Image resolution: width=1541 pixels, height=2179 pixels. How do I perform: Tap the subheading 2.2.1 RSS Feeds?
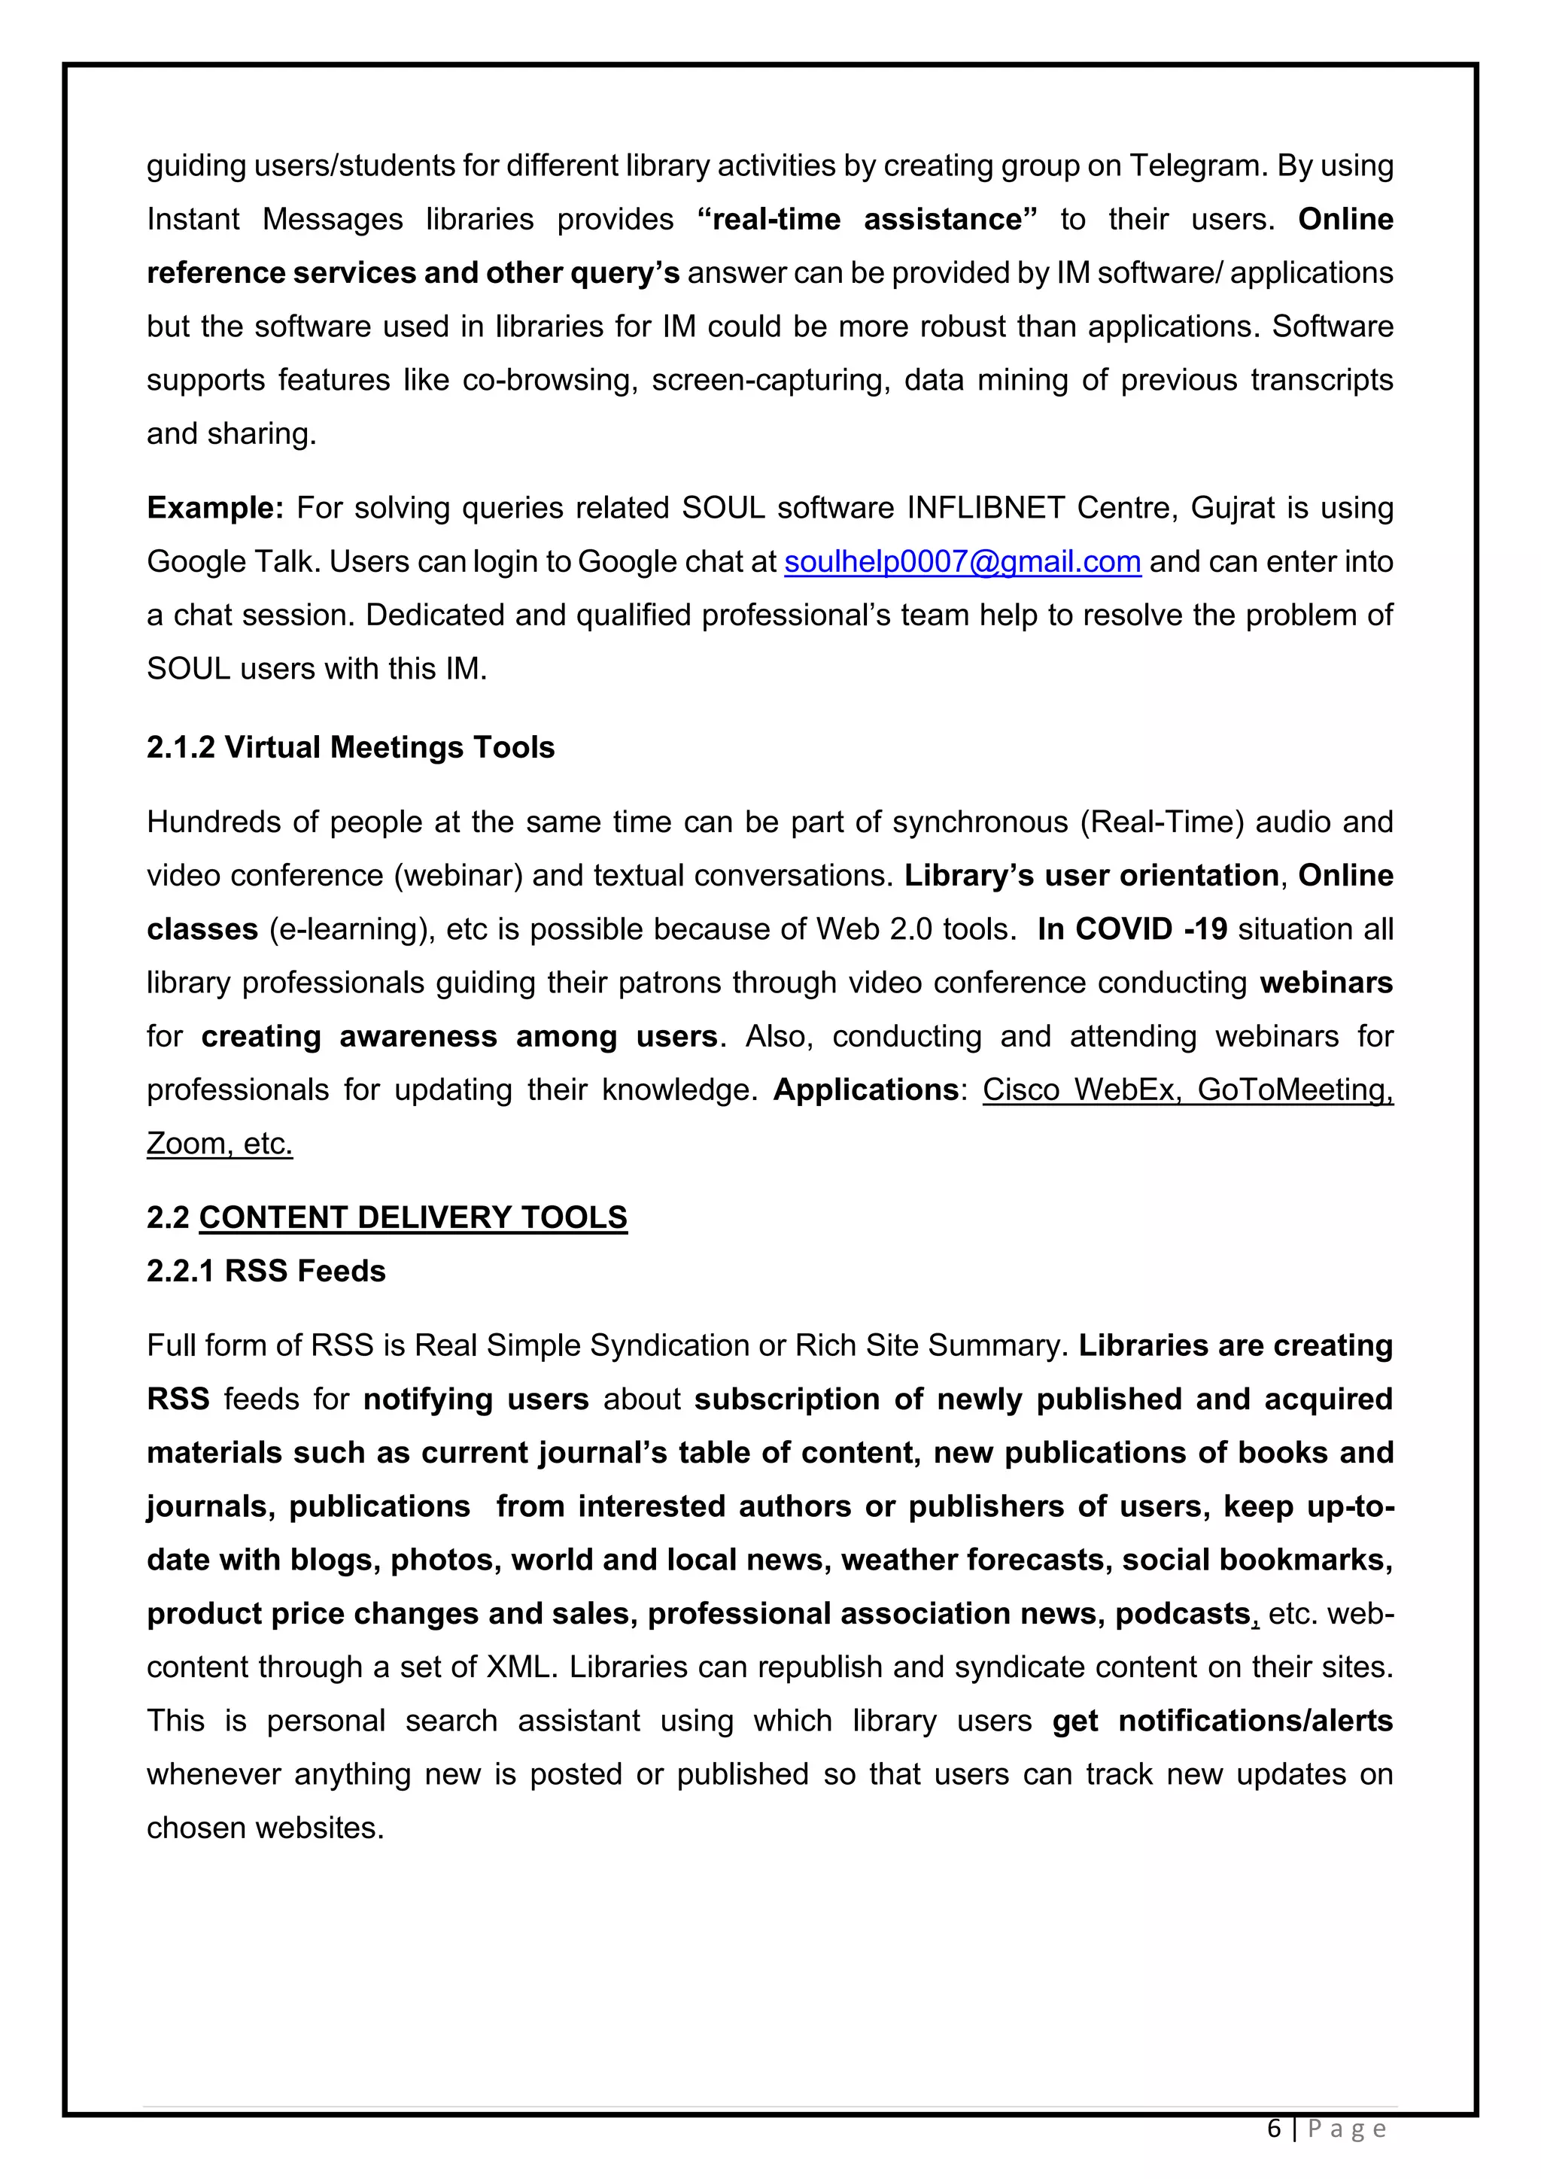(266, 1271)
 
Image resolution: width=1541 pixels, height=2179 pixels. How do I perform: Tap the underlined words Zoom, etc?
(219, 1144)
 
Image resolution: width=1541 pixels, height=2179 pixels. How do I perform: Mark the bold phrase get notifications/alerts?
(1221, 1721)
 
